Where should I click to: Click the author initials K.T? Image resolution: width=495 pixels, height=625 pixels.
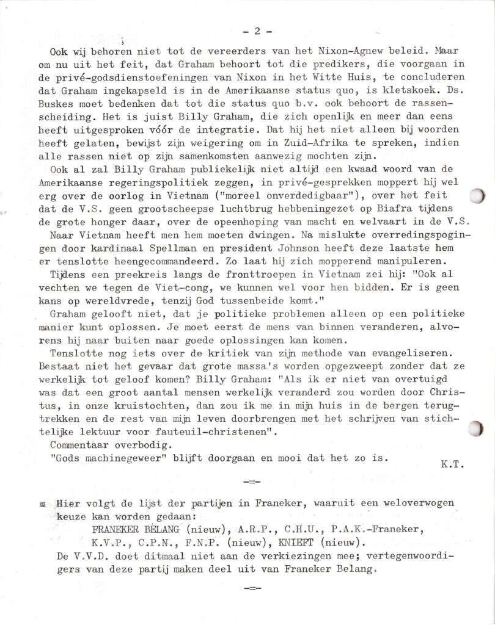pos(452,464)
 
